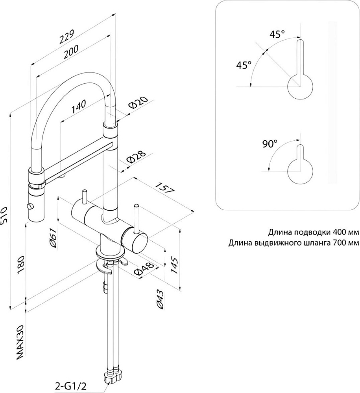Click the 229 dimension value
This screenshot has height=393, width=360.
67,37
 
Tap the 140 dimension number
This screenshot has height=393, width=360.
79,107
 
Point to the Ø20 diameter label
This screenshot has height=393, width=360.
138,103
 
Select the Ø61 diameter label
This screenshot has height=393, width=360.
54,239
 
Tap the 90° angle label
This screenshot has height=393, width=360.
270,143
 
